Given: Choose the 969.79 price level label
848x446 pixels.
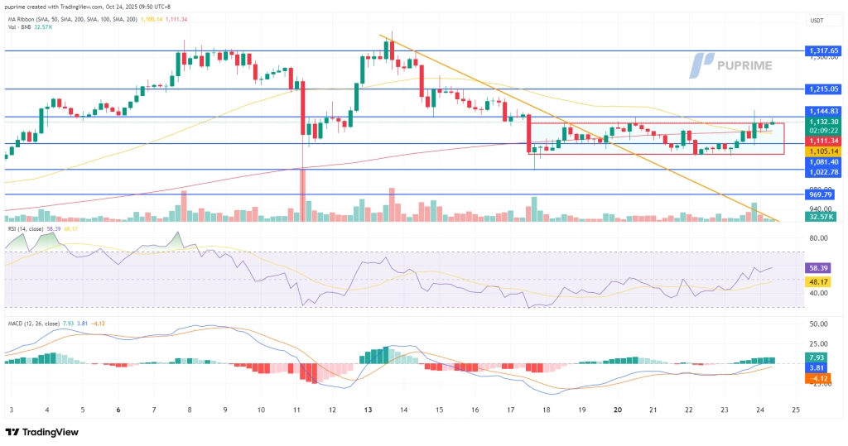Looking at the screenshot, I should (x=819, y=195).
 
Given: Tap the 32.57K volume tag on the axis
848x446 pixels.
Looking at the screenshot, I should (x=819, y=217).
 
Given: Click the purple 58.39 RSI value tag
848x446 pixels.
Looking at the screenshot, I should (x=819, y=268).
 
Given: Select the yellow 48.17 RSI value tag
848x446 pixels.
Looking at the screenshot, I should (x=819, y=282).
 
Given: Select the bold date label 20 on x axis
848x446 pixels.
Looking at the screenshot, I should (x=618, y=410).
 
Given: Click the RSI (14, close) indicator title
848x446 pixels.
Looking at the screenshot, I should (x=30, y=228).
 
